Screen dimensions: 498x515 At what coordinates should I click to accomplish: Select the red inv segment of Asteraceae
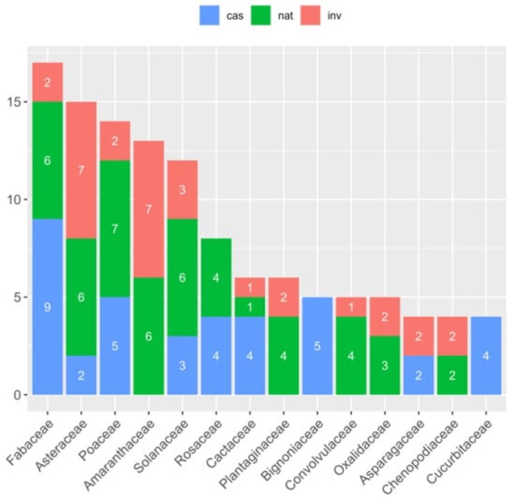81,170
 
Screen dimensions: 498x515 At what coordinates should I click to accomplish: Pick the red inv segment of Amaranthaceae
148,209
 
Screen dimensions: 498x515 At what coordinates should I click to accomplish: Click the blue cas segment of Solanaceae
182,366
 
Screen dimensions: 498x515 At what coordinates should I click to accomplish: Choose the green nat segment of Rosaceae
216,277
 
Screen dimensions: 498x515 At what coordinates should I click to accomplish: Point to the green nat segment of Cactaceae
250,307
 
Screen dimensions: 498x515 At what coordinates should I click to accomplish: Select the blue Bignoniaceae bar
317,346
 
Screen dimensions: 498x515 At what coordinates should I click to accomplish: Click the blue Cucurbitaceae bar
486,356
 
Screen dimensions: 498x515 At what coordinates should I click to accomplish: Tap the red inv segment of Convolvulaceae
351,307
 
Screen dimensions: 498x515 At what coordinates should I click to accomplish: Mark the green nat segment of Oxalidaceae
384,366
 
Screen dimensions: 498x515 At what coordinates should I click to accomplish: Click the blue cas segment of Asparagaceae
418,375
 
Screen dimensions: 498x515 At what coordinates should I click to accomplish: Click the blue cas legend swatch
210,16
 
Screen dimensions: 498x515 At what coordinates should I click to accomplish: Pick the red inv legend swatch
315,16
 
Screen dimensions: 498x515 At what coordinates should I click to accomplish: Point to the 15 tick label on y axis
13,102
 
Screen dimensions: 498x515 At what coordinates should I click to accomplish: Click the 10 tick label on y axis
13,200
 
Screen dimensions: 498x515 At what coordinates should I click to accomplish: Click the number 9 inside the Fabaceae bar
47,307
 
